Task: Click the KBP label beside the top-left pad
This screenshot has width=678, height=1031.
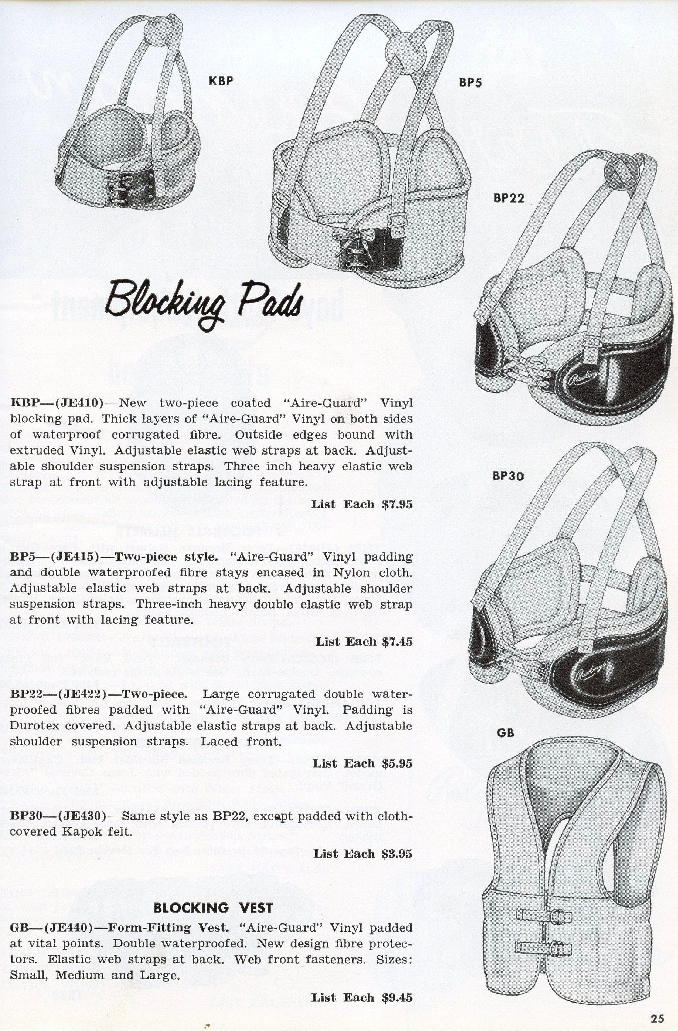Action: point(221,81)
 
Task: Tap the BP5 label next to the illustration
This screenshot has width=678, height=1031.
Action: point(470,82)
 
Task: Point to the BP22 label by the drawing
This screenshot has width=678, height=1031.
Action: point(509,198)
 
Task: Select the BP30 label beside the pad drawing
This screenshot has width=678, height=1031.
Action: point(508,476)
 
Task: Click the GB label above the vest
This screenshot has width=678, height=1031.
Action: point(505,732)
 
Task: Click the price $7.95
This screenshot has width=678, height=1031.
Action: point(397,504)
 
